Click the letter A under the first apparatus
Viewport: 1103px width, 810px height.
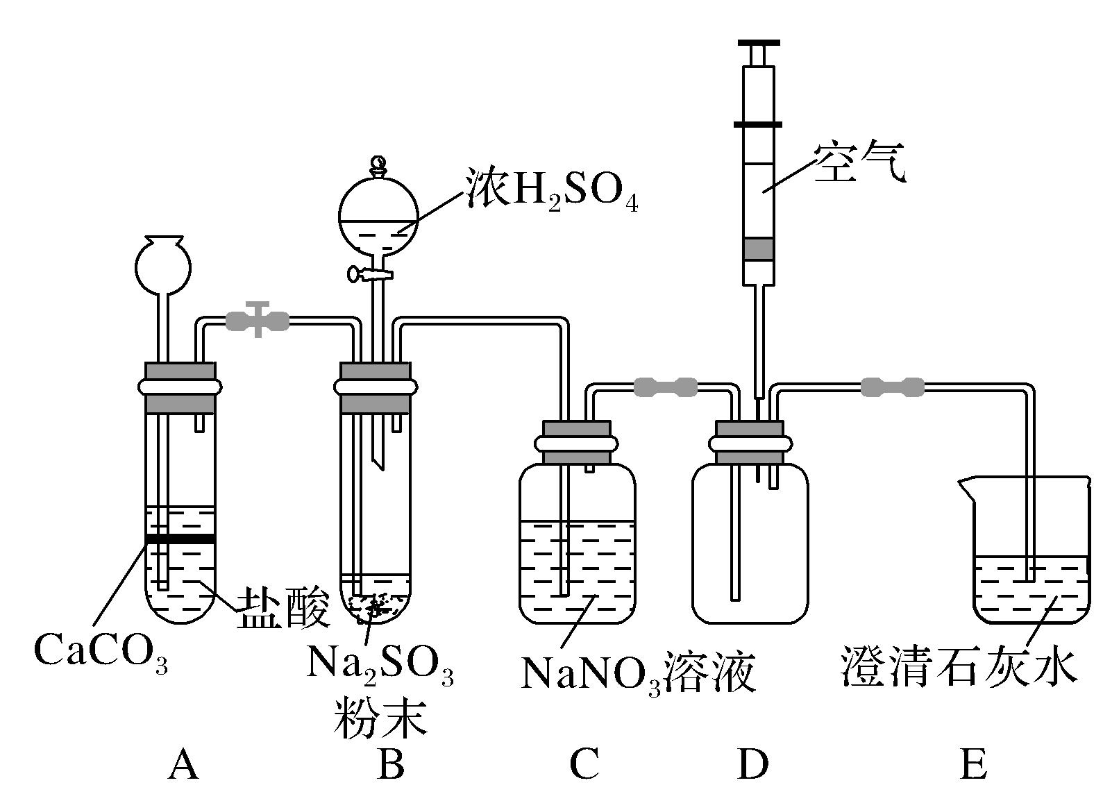pos(183,765)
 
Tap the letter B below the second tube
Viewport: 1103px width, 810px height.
pos(391,765)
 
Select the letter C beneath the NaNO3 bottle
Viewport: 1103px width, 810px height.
pos(583,765)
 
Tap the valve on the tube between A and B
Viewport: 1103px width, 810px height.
pos(258,320)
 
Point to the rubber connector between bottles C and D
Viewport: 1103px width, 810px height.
pos(665,387)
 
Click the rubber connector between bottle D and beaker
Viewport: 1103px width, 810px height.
pos(893,387)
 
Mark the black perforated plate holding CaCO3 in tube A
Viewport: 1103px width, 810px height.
pos(180,539)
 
